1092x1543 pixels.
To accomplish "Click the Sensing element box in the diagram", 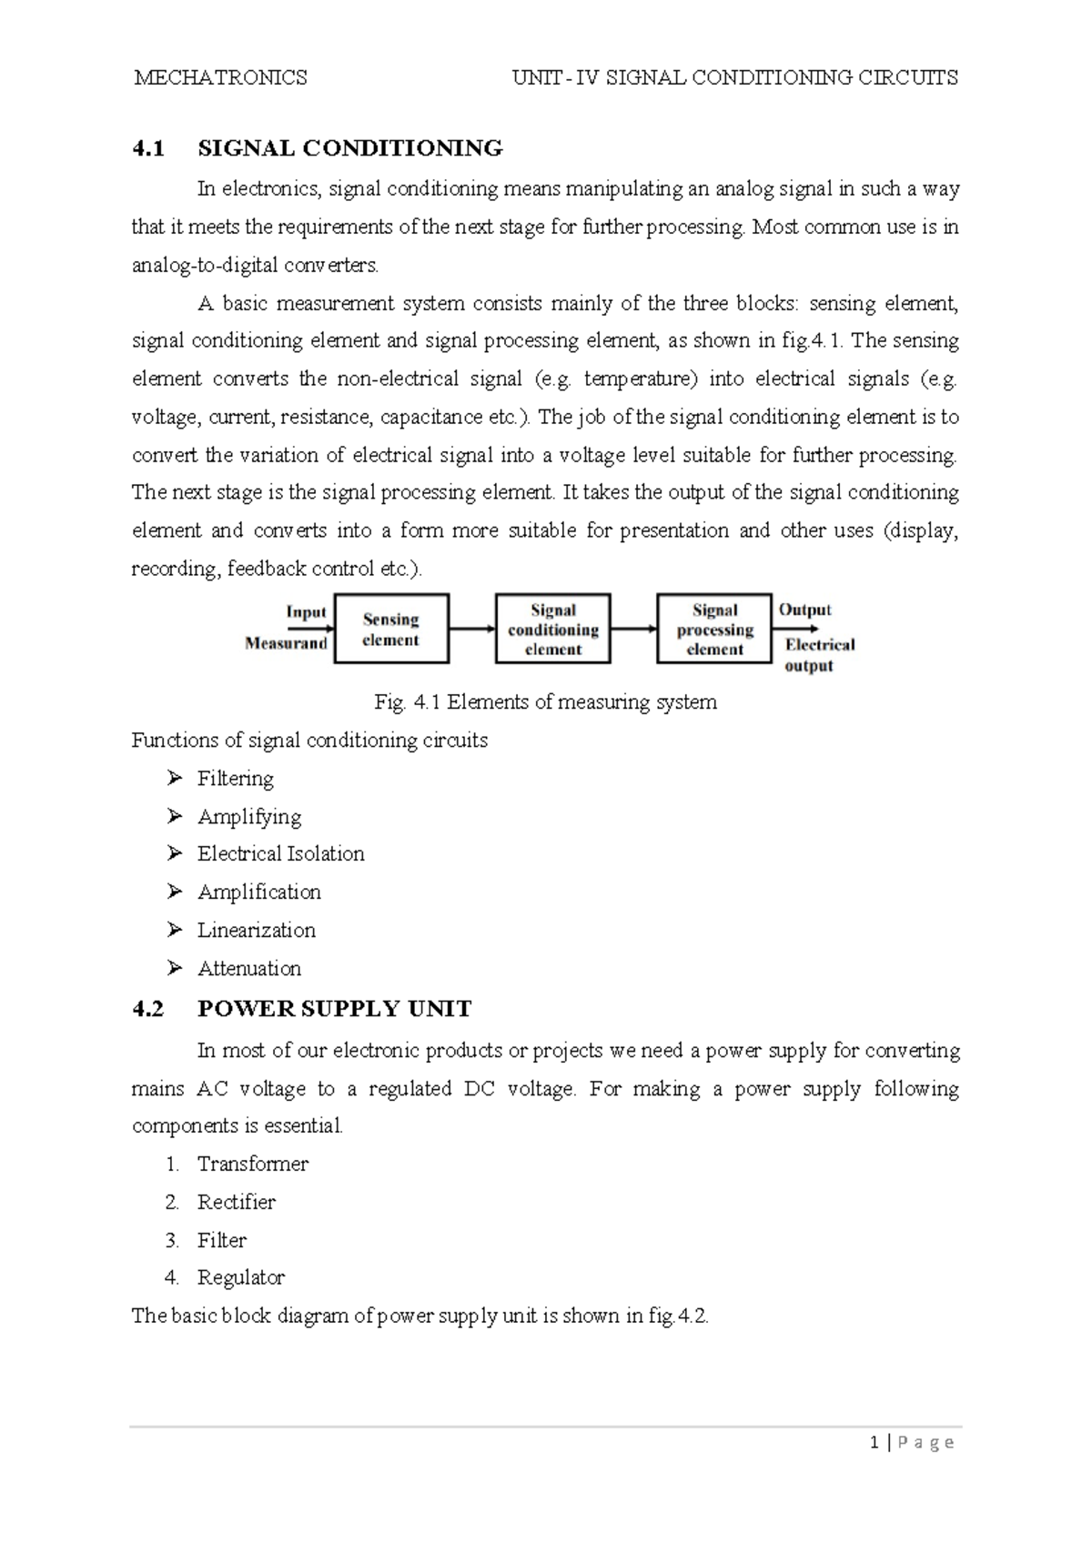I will [391, 629].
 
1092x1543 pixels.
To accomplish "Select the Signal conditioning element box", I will [552, 629].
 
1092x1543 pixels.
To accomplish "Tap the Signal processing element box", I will [714, 629].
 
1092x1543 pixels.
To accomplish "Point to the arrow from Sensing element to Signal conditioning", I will [471, 629].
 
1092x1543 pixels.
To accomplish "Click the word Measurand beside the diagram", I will [286, 643].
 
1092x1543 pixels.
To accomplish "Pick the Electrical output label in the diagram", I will [819, 654].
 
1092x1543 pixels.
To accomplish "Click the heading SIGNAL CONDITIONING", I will [350, 148].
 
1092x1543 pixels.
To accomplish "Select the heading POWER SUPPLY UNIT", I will [334, 1009].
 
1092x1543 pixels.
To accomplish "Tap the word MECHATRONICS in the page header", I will [220, 78].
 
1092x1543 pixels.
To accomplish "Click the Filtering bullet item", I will [235, 779].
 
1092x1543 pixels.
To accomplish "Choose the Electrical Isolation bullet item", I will [280, 854].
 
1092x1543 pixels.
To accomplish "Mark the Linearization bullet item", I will [256, 931].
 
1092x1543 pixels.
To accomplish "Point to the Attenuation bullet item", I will [248, 969].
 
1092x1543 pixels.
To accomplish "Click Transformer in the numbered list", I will [252, 1165].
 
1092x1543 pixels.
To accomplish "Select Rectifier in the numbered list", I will [236, 1203].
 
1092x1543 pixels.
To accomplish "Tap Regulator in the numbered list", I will [240, 1278].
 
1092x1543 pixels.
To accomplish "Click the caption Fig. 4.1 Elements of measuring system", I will [545, 702].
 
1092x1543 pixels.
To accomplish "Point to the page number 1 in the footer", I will [875, 1443].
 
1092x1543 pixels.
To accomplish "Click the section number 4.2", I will [147, 1009].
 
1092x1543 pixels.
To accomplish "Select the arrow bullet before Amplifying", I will [175, 816].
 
